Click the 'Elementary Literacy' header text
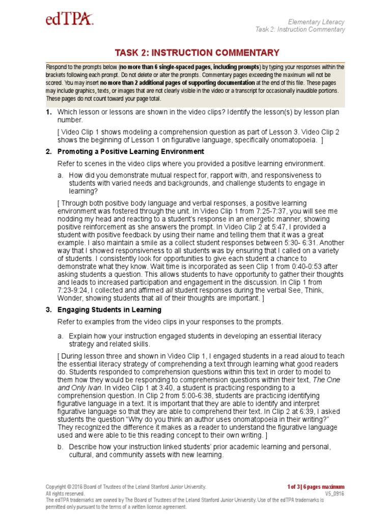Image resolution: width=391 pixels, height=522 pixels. (316, 22)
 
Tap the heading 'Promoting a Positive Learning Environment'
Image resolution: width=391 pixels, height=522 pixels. (131, 151)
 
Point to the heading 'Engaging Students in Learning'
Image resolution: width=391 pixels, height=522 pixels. (109, 309)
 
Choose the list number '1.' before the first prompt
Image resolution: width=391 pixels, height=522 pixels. (49, 112)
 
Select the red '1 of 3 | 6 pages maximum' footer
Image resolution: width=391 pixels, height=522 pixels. (316, 487)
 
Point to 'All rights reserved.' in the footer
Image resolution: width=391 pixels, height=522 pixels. (65, 493)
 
